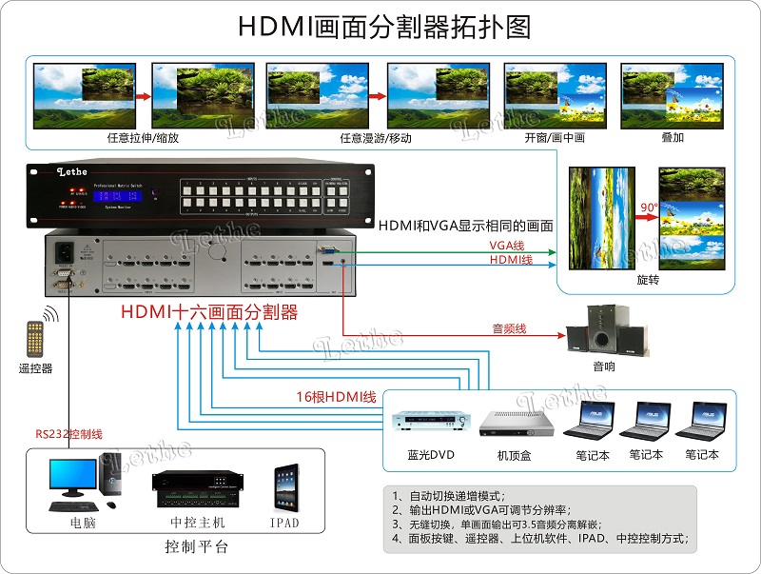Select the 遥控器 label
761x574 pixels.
point(35,368)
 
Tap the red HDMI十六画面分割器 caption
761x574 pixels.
point(209,312)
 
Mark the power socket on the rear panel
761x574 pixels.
point(67,254)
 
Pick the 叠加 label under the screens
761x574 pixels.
point(672,138)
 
